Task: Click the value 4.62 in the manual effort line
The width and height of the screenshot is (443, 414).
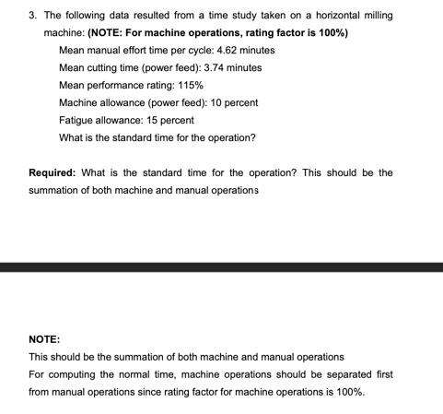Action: tap(227, 50)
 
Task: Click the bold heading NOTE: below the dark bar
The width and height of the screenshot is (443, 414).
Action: tap(44, 338)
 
